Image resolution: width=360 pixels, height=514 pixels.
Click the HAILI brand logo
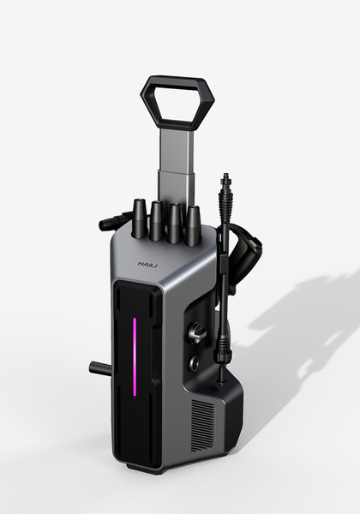[147, 264]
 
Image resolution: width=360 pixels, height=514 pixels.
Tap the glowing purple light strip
[135, 356]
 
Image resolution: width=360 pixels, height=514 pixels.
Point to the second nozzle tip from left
[155, 221]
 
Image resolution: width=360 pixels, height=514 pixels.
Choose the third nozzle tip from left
[174, 224]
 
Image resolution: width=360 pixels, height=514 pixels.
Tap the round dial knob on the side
[197, 332]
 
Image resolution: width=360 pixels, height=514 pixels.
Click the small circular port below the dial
[195, 362]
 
